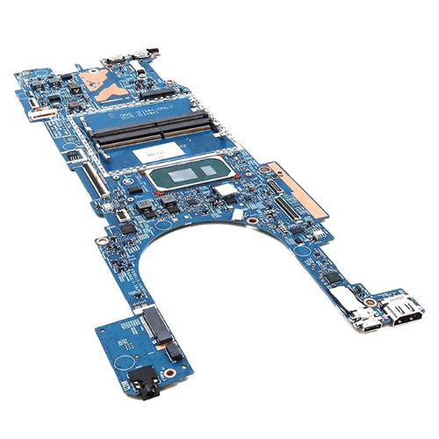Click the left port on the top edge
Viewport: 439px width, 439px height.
112,61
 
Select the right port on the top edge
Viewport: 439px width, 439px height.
140,61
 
